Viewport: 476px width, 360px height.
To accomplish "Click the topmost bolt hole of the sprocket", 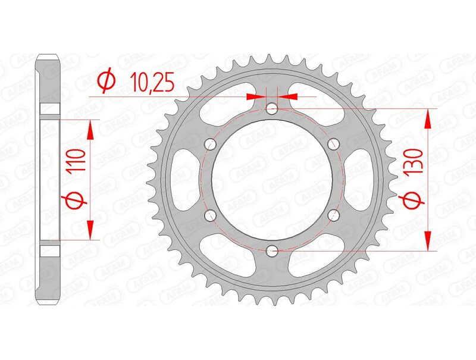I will [272, 109].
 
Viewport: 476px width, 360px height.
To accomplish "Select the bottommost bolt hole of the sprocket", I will [272, 251].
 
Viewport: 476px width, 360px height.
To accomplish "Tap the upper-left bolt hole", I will [211, 144].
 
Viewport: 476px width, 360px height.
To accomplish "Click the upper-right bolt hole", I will [333, 144].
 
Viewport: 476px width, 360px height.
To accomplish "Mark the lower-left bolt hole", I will [211, 215].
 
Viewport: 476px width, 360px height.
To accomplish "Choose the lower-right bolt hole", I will [333, 215].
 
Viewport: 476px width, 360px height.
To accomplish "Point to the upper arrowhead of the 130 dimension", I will [427, 118].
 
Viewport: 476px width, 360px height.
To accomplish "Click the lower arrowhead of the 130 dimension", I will [427, 242].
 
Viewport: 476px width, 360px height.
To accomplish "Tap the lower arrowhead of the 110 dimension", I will [91, 230].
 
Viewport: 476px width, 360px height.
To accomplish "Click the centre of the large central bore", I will [272, 180].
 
